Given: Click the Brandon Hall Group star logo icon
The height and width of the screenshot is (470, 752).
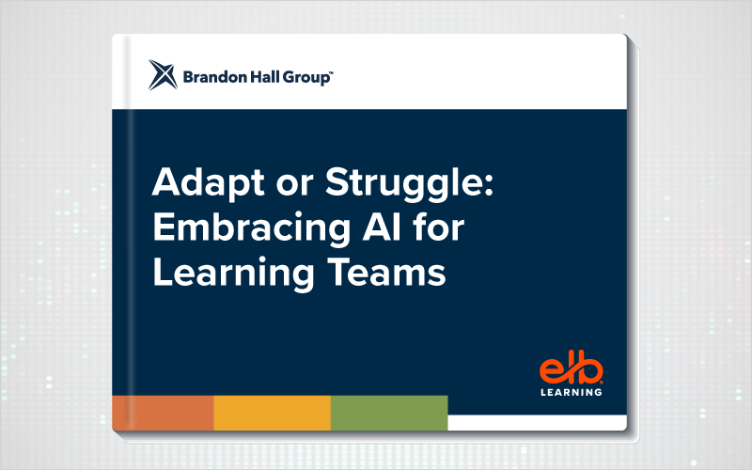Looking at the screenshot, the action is (163, 75).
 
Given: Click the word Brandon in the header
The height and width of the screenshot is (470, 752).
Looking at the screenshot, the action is (215, 77).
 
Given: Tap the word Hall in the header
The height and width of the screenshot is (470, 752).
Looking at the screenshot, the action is (265, 77).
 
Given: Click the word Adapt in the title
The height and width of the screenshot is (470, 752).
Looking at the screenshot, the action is (208, 183).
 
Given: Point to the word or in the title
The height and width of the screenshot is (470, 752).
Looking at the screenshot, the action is (294, 185).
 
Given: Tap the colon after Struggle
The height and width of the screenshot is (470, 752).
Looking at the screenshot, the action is (489, 185).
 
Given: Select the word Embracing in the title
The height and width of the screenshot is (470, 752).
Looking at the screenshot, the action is (252, 228).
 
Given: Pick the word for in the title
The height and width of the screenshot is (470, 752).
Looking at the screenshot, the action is (438, 227).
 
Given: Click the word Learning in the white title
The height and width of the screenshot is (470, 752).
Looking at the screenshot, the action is (233, 274).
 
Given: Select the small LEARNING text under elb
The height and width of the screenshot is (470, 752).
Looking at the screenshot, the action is (572, 392).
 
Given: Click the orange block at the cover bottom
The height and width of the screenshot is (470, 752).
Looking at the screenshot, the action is (163, 413).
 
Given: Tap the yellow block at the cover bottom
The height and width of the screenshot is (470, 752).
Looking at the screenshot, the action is (273, 413).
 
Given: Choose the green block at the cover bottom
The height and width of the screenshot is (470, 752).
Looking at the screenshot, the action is (389, 413).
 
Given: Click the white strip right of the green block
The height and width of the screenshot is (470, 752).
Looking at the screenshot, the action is (537, 422).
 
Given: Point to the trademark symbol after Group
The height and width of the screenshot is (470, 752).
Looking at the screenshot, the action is (332, 72).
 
